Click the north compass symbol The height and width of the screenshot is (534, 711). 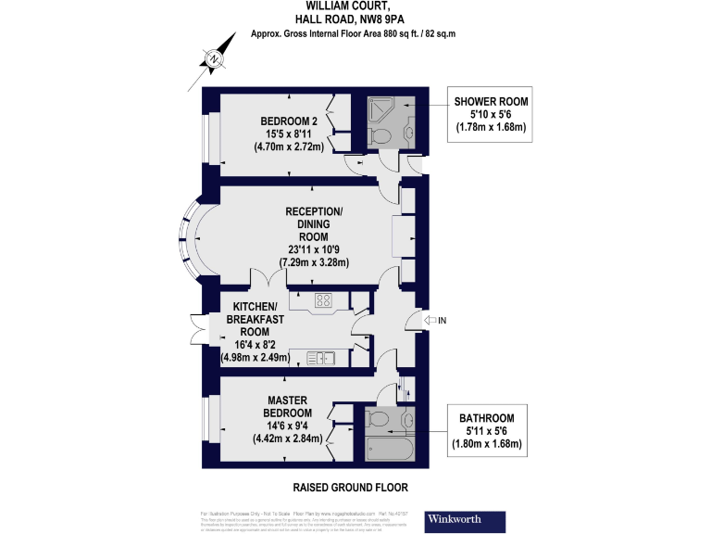[215, 59]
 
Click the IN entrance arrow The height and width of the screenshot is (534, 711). [430, 321]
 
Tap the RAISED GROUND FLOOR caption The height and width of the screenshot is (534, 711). [350, 487]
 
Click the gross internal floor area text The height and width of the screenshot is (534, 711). [355, 33]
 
